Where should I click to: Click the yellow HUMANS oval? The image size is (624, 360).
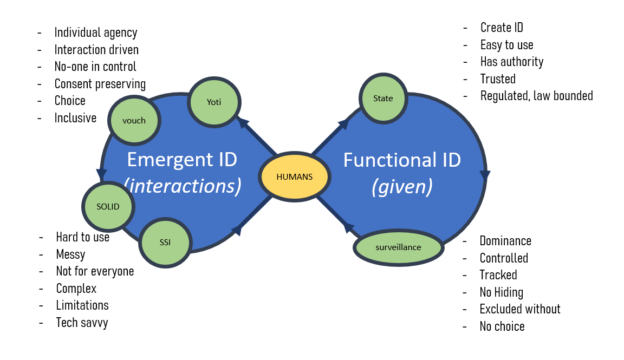[295, 177]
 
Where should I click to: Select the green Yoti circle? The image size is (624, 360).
[214, 102]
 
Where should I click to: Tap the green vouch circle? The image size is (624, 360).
[134, 120]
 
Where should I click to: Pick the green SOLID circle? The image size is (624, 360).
[108, 206]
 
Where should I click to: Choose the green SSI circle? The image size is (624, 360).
[165, 242]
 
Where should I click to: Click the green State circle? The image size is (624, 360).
[383, 99]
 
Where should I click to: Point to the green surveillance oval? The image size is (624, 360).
[398, 247]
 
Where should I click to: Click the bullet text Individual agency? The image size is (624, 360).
[96, 32]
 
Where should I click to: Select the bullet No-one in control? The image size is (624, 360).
[95, 67]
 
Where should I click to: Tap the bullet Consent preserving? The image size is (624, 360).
[100, 84]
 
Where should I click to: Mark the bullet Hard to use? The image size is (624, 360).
[83, 237]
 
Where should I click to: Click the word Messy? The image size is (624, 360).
[70, 254]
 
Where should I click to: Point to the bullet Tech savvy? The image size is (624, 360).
[82, 323]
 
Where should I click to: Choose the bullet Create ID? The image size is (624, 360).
[502, 28]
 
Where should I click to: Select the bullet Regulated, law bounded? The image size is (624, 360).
[536, 96]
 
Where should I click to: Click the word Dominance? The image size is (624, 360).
[505, 241]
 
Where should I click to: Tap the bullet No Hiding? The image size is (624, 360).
[501, 292]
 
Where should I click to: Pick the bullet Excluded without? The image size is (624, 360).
[520, 309]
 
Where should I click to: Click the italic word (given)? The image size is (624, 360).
[402, 187]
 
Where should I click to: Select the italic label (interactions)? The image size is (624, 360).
[183, 186]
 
